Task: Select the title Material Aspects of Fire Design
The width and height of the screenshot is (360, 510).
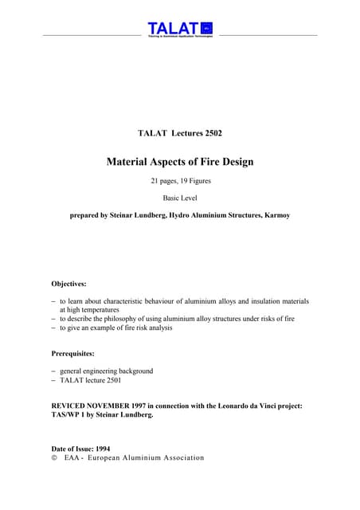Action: pos(180,162)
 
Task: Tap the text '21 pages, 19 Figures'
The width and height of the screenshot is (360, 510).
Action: pos(180,182)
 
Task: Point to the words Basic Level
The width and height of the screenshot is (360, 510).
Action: pos(180,198)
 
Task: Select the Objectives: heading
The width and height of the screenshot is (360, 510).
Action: pos(69,283)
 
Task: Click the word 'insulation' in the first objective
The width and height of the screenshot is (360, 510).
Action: pos(256,301)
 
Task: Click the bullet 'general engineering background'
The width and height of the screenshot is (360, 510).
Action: pos(107,371)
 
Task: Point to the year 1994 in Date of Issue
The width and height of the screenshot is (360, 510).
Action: pos(100,449)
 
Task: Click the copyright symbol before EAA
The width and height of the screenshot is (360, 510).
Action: pos(54,458)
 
